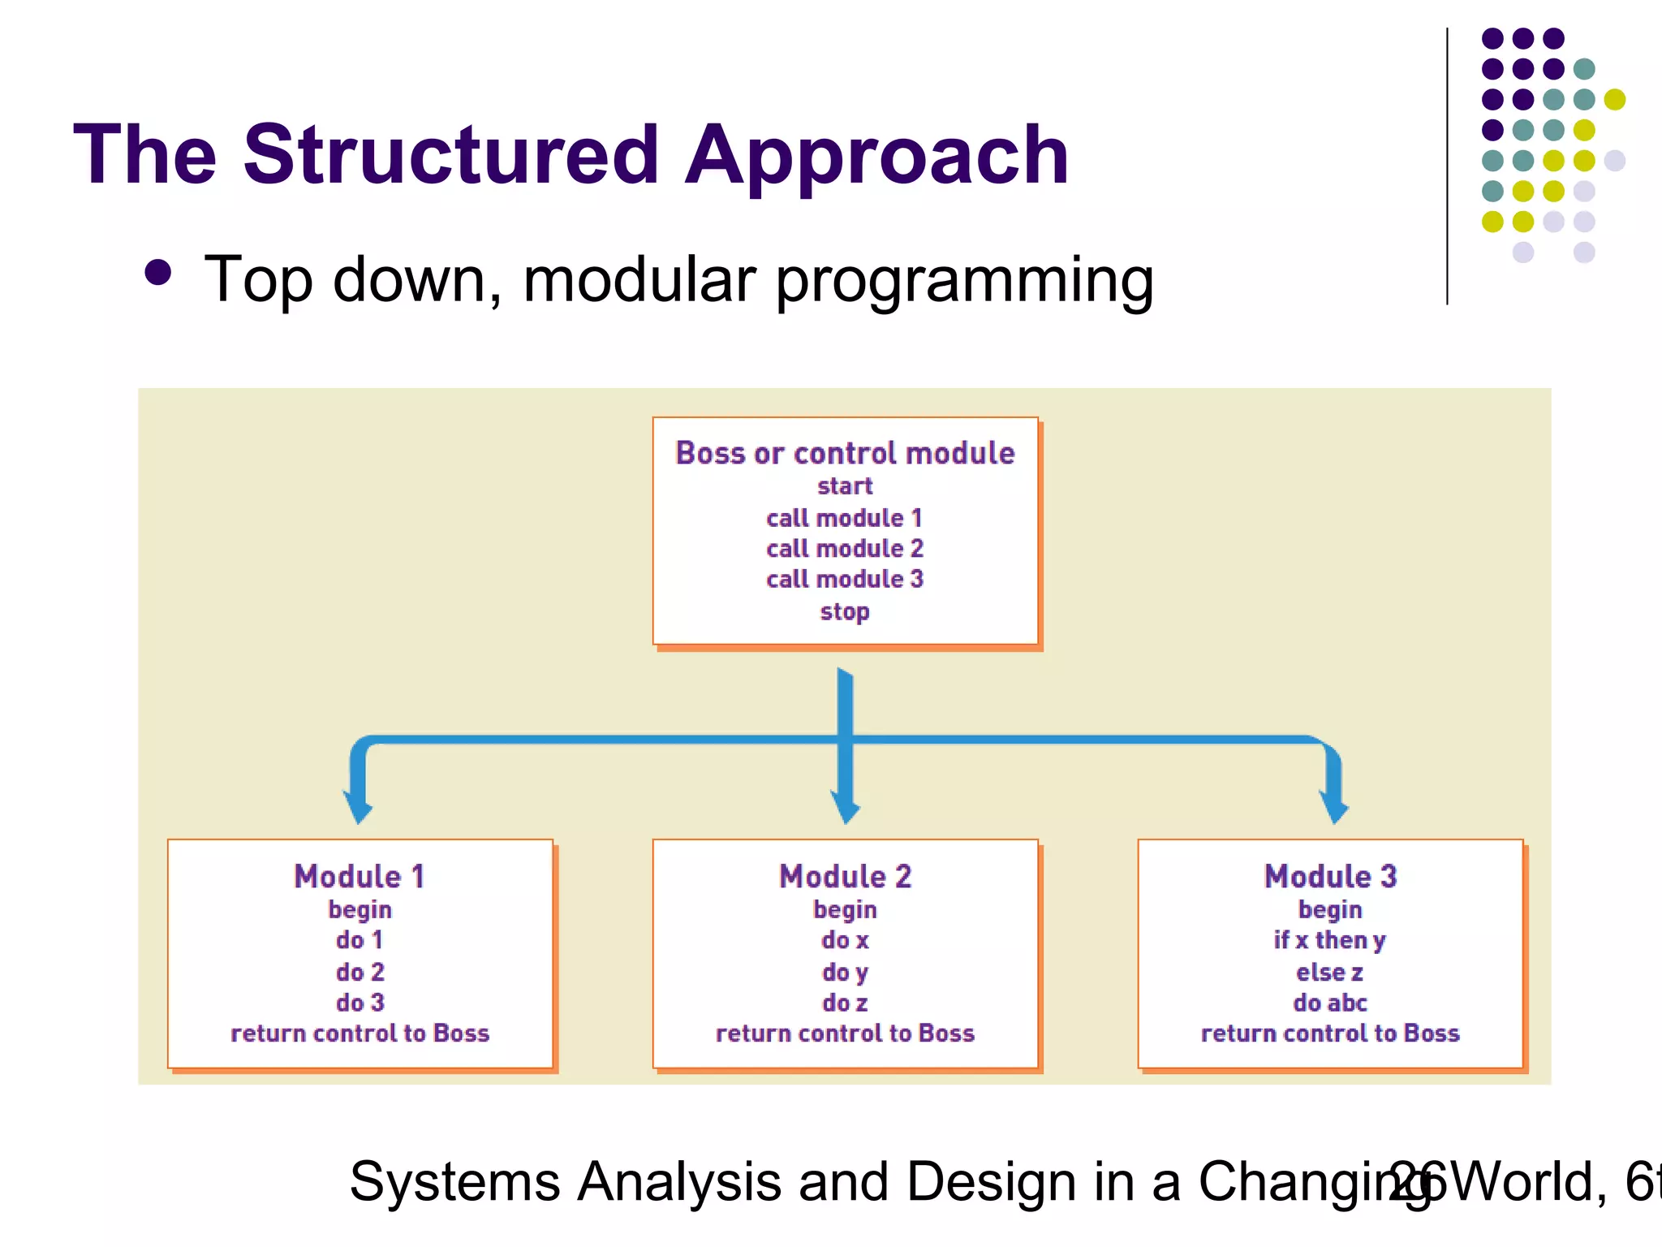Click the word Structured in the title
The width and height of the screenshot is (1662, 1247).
click(x=450, y=154)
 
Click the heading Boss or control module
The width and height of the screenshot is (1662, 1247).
click(x=845, y=453)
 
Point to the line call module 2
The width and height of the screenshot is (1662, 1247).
click(x=845, y=549)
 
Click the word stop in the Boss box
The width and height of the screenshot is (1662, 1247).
click(x=845, y=611)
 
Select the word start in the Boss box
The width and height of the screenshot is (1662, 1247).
click(x=845, y=486)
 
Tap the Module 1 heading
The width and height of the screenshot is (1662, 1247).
click(x=360, y=877)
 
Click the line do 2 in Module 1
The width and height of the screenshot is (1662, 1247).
click(x=360, y=972)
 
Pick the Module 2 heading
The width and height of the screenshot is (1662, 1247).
click(x=845, y=877)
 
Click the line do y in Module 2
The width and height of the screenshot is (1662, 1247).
click(x=845, y=972)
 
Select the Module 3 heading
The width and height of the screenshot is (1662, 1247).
click(x=1330, y=877)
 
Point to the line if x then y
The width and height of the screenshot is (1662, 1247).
click(x=1330, y=940)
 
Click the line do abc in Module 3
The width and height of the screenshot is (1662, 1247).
click(x=1330, y=1003)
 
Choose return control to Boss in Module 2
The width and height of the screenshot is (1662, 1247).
click(x=845, y=1033)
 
